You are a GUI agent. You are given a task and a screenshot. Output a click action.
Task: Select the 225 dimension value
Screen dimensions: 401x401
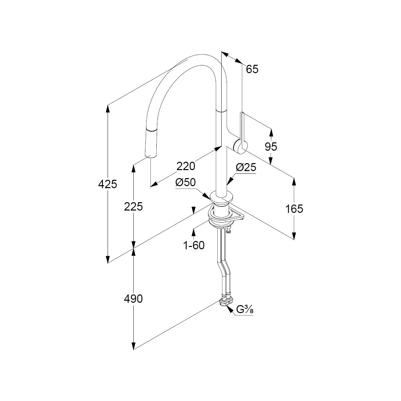pyautogui.click(x=133, y=207)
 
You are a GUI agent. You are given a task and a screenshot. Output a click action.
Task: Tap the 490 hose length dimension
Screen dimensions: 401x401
pyautogui.click(x=133, y=299)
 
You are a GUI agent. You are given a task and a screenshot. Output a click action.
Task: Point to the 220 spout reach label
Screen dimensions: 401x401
pyautogui.click(x=186, y=166)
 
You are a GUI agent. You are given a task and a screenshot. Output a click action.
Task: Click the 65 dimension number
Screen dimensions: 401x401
pyautogui.click(x=252, y=69)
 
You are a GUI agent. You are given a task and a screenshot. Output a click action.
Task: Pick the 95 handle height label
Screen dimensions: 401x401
pyautogui.click(x=271, y=146)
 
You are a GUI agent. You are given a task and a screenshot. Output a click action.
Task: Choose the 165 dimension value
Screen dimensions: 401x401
pyautogui.click(x=294, y=209)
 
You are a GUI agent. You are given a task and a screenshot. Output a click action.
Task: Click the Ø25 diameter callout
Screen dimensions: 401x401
pyautogui.click(x=246, y=167)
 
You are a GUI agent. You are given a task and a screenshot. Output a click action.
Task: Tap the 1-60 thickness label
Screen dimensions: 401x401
pyautogui.click(x=194, y=245)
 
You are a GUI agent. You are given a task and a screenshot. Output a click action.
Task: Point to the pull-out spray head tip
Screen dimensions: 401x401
pyautogui.click(x=150, y=154)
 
